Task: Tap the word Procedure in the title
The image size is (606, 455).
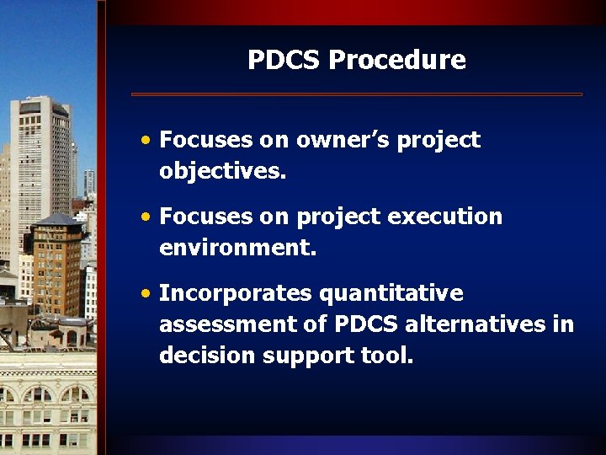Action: [x=396, y=61]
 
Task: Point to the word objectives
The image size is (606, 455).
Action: [x=223, y=172]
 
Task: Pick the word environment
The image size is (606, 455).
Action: [x=238, y=249]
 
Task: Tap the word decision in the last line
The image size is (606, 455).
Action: [x=208, y=356]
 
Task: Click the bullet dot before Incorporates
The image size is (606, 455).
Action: [x=147, y=294]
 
